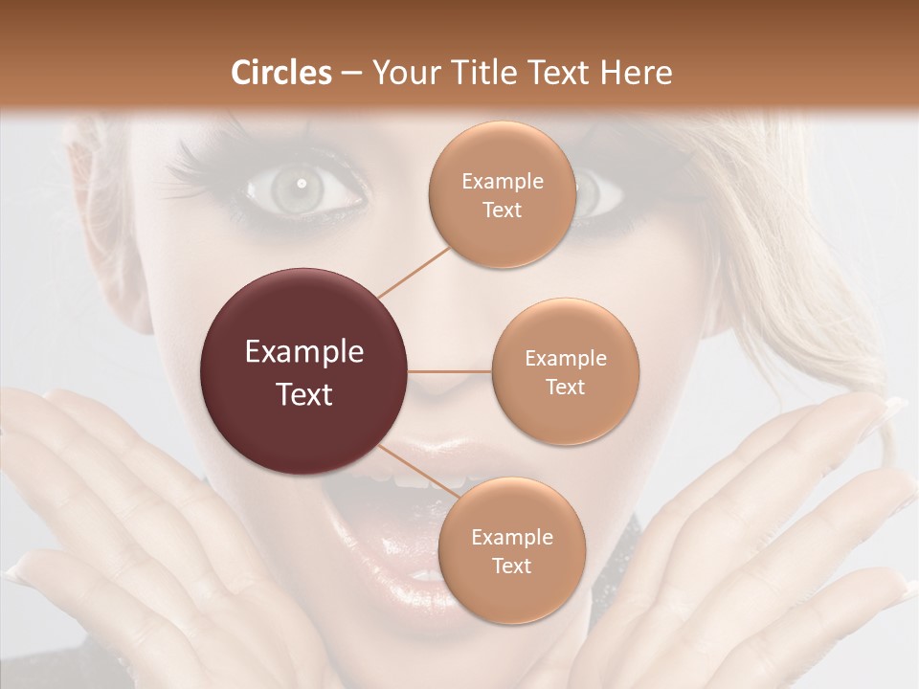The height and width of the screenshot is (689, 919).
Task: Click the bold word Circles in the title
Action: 281,73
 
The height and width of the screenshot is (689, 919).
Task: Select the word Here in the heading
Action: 638,73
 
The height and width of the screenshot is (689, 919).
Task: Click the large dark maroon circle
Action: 304,371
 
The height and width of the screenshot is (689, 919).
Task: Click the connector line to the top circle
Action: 414,271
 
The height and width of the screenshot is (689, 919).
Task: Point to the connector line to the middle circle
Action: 450,371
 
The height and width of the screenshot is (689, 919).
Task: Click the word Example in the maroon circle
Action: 304,351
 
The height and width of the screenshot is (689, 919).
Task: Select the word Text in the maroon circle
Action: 304,393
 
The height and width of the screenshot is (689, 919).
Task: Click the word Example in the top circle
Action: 502,181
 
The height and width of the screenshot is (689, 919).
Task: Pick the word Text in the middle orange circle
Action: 565,387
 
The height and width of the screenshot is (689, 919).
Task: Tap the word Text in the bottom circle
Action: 511,566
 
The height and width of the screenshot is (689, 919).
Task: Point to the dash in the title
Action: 351,73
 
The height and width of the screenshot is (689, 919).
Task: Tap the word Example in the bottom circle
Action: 511,537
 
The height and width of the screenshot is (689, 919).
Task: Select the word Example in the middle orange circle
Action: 565,358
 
